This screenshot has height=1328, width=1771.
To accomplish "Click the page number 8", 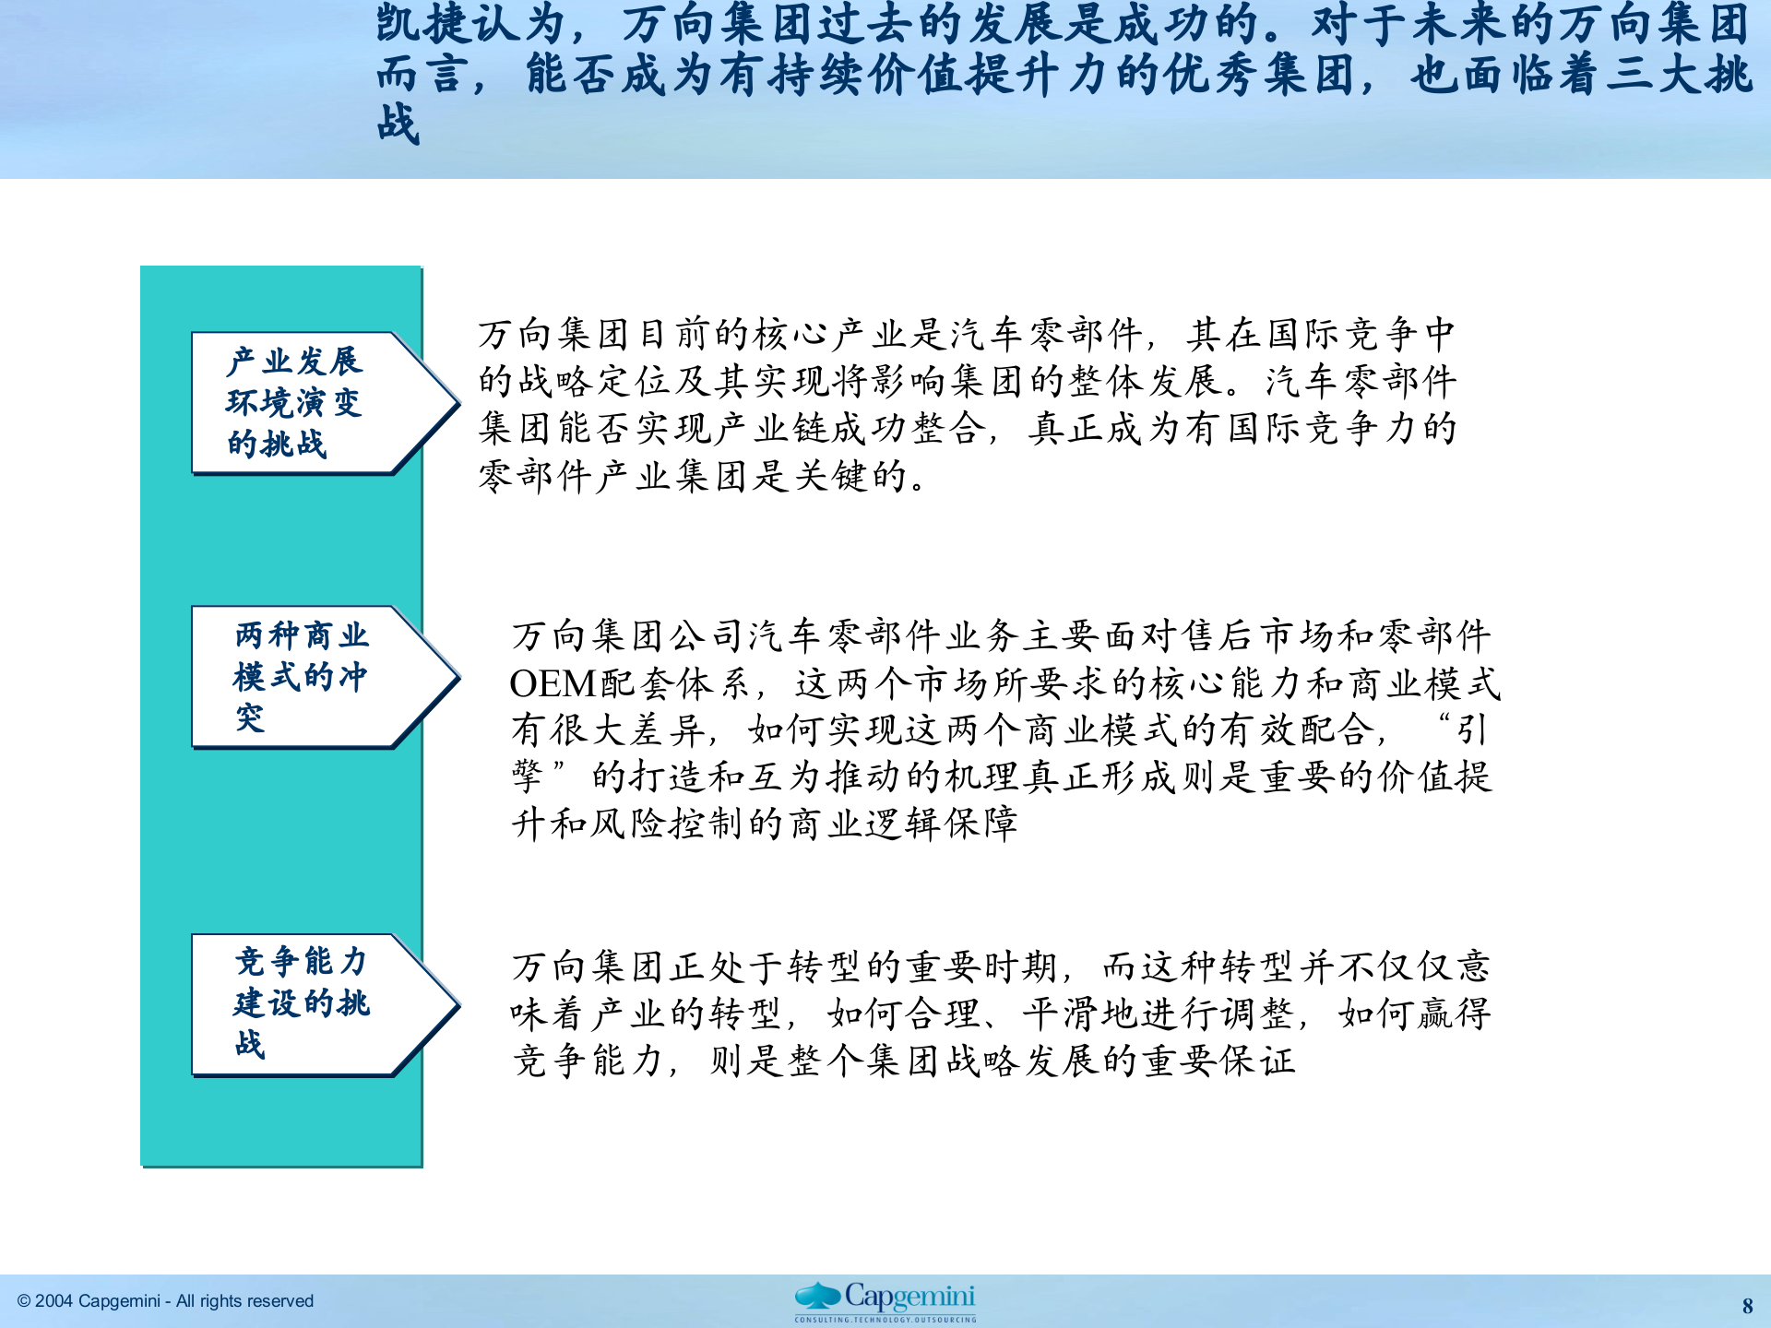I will pyautogui.click(x=1747, y=1306).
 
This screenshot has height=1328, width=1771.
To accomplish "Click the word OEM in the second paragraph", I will pyautogui.click(x=553, y=683).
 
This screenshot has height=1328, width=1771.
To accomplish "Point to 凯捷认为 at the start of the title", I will pyautogui.click(x=470, y=23).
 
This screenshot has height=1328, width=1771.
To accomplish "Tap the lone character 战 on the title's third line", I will pyautogui.click(x=398, y=124).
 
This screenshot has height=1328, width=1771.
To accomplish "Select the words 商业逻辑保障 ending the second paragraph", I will pyautogui.click(x=904, y=824).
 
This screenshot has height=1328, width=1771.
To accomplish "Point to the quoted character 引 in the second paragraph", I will pyautogui.click(x=1472, y=730).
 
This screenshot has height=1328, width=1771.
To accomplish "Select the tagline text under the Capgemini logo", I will pyautogui.click(x=885, y=1320).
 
